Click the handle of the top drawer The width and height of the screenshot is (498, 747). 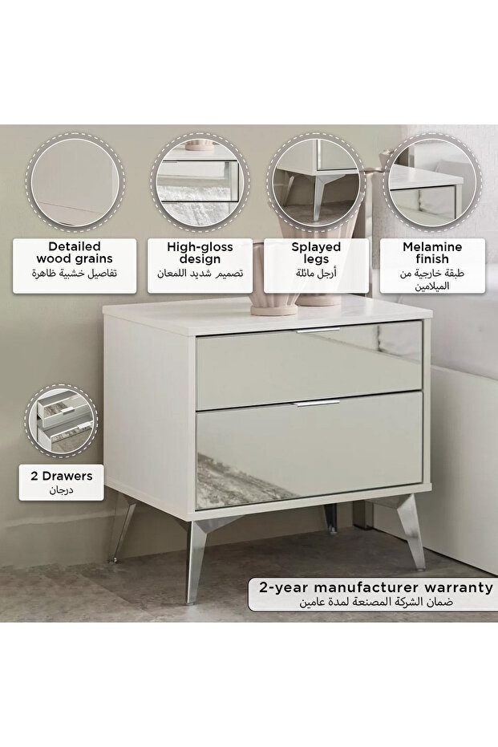(318, 330)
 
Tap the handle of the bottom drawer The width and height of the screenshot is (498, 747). (316, 404)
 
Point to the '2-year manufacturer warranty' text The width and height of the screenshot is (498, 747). (376, 587)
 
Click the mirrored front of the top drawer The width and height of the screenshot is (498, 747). (310, 365)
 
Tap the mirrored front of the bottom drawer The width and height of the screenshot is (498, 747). (310, 450)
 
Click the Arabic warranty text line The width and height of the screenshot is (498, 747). (376, 602)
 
